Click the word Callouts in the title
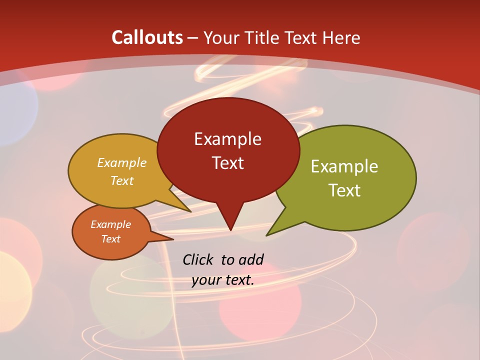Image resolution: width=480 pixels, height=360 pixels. (147, 37)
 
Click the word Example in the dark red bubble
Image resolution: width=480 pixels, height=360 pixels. (227, 139)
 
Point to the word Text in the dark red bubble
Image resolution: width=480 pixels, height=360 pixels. (227, 163)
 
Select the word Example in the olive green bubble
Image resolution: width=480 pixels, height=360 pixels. (344, 166)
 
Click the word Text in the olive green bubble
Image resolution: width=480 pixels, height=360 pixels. (344, 190)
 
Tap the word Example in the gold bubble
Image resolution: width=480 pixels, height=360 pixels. (122, 163)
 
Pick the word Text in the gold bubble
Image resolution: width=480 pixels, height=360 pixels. (122, 180)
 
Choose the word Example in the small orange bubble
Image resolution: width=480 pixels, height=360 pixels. (110, 224)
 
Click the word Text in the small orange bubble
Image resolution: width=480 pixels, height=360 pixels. (110, 239)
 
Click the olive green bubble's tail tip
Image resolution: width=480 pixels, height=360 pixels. (267, 235)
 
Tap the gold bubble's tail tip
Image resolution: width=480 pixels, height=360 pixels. (190, 211)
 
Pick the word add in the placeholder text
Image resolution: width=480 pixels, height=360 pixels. (251, 259)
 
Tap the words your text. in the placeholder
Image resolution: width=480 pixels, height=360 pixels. (223, 280)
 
